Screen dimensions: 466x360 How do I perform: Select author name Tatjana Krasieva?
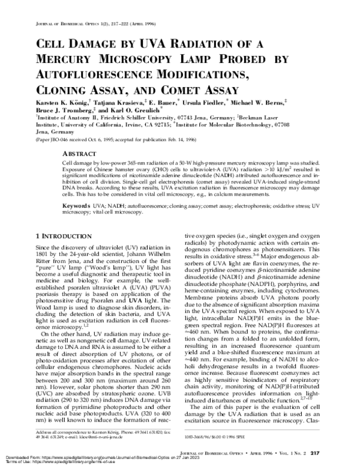pos(112,104)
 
